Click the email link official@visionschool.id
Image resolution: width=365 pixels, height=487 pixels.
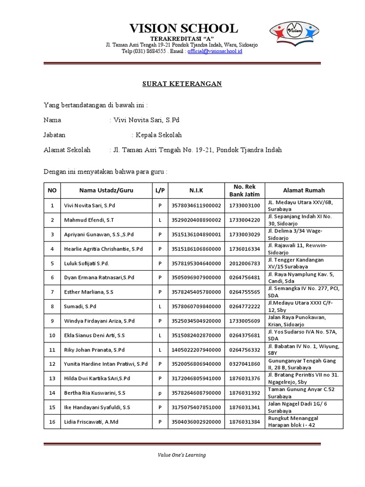(215, 51)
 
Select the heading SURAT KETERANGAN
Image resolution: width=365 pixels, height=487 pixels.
(182, 84)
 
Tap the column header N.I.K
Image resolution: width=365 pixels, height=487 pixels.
(196, 190)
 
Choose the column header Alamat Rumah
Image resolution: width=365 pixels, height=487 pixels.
(304, 190)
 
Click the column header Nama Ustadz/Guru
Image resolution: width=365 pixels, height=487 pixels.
(106, 190)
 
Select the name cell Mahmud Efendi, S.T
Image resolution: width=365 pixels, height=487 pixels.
(89, 220)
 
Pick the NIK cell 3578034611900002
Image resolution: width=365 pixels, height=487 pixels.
(196, 205)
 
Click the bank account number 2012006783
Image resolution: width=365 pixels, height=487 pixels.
(244, 263)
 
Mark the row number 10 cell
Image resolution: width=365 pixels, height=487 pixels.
(52, 335)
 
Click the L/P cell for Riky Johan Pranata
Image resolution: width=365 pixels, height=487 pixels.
(160, 350)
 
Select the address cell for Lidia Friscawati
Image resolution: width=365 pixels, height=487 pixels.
(304, 421)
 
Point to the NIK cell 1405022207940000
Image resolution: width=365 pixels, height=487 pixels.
(196, 350)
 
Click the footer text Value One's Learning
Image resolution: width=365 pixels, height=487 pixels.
(182, 455)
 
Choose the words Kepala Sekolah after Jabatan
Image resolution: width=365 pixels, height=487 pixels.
(159, 135)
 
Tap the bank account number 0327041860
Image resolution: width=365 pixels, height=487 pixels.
(244, 364)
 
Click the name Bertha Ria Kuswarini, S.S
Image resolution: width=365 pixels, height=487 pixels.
(95, 393)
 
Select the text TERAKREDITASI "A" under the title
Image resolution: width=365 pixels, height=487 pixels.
(182, 38)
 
